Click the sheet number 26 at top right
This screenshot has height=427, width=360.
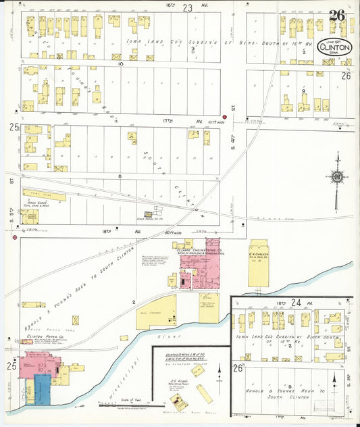337,16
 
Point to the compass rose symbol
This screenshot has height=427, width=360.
336,177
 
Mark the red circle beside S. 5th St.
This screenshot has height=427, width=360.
15,238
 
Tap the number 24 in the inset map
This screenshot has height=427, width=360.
295,303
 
